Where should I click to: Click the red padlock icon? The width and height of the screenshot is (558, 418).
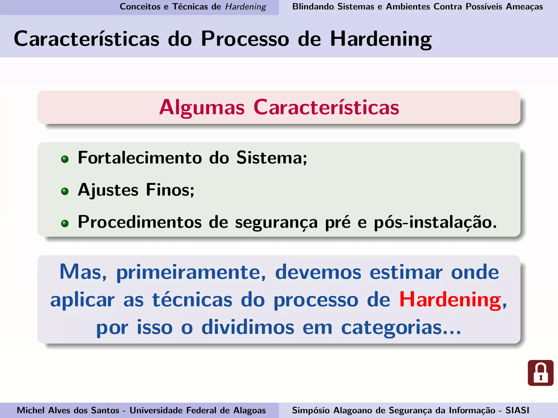point(540,373)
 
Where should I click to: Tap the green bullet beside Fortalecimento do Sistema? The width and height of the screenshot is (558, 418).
point(65,159)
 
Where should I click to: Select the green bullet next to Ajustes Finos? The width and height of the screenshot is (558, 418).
point(65,191)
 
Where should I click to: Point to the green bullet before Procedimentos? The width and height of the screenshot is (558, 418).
point(65,223)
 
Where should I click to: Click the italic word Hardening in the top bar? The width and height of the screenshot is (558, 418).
point(245,7)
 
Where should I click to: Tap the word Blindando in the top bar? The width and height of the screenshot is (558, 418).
point(313,7)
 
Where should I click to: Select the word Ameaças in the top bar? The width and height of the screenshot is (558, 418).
point(524,7)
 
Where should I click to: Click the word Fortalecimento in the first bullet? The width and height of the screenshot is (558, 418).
point(140,158)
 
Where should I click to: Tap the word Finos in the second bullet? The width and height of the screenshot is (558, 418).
point(170,190)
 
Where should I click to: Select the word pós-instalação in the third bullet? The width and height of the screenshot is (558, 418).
point(435,222)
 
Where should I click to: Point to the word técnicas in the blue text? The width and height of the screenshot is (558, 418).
point(192,300)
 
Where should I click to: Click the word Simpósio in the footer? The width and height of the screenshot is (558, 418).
point(311,410)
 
